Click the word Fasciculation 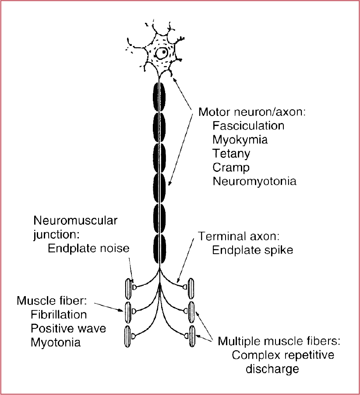pyautogui.click(x=248, y=126)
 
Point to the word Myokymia pyautogui.click(x=240, y=140)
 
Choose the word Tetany pyautogui.click(x=231, y=154)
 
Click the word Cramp pyautogui.click(x=231, y=168)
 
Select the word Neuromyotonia pyautogui.click(x=254, y=181)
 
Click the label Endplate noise pyautogui.click(x=88, y=248)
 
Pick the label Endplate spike pyautogui.click(x=252, y=250)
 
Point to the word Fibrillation pyautogui.click(x=59, y=315)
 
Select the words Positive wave pyautogui.click(x=68, y=328)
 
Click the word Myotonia pyautogui.click(x=56, y=342)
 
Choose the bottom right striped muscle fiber pyautogui.click(x=192, y=336)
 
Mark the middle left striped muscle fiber pyautogui.click(x=129, y=311)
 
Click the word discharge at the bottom pyautogui.click(x=272, y=369)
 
